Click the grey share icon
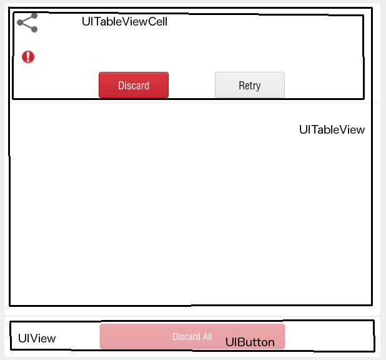click(x=27, y=23)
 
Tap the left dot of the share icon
click(x=20, y=23)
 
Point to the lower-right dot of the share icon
click(x=34, y=29)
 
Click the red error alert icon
click(x=28, y=57)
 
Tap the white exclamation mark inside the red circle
click(x=28, y=57)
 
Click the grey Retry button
click(x=249, y=85)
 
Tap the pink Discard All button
click(x=192, y=336)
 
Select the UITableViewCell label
click(x=124, y=21)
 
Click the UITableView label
click(x=332, y=130)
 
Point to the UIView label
click(x=37, y=339)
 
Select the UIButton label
click(x=250, y=342)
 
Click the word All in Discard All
click(x=205, y=337)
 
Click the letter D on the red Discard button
click(x=121, y=86)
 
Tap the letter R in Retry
click(x=242, y=86)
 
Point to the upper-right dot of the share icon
click(x=34, y=17)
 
